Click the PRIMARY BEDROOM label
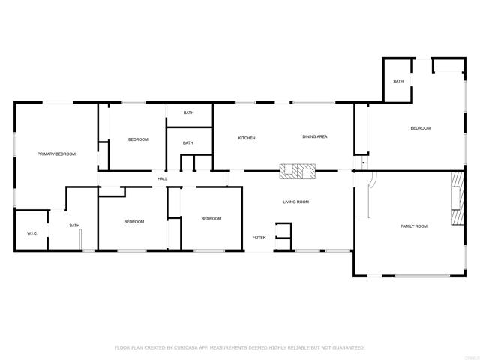(x=57, y=154)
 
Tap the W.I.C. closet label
(x=32, y=233)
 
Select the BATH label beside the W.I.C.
(x=74, y=226)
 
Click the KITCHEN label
(x=247, y=138)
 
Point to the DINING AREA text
(x=314, y=137)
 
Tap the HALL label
(x=162, y=178)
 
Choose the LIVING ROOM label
(x=295, y=202)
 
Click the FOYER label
(x=259, y=237)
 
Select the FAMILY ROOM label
(x=413, y=226)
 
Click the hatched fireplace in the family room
(x=457, y=199)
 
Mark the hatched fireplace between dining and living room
(x=298, y=172)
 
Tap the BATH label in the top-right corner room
(x=398, y=81)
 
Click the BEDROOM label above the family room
(x=420, y=128)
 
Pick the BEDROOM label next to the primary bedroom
(x=138, y=139)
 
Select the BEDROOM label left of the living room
(x=211, y=218)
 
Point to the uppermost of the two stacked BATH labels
(x=188, y=112)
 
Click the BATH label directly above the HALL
(x=187, y=142)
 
